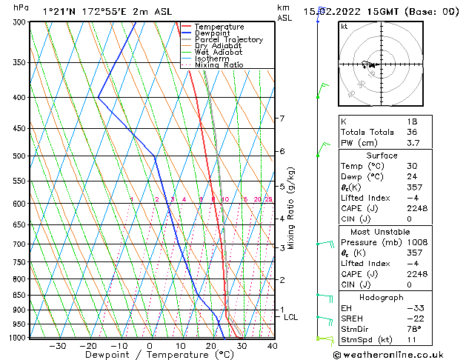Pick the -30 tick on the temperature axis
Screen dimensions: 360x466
57,346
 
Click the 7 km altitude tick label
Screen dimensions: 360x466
282,119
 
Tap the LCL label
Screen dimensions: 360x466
291,317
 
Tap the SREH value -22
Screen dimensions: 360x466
412,319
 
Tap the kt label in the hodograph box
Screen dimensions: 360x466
344,26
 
